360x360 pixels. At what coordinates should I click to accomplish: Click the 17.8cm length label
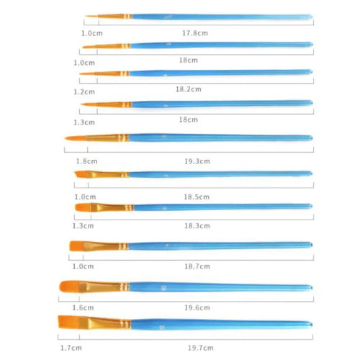[195, 33]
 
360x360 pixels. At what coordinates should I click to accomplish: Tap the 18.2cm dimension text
[189, 89]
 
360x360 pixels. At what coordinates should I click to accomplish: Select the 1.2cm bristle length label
[84, 92]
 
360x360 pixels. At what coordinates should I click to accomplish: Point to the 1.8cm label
[86, 161]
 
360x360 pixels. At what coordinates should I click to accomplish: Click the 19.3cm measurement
[197, 161]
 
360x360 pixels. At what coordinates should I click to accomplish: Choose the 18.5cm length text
[197, 197]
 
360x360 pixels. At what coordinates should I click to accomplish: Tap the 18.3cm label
[197, 226]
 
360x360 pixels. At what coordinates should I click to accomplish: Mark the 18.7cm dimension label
[197, 266]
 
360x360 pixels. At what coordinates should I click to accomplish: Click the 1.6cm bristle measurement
[83, 307]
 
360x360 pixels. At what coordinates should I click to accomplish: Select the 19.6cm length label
[197, 307]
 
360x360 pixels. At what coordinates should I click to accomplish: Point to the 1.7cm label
[71, 348]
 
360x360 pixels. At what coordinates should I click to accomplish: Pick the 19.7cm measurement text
[201, 348]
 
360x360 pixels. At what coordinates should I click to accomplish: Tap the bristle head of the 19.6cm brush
[70, 287]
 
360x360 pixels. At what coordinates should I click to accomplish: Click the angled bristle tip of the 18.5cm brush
[81, 174]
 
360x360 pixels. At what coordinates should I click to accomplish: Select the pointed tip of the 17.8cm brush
[86, 17]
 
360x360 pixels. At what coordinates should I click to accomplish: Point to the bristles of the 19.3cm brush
[76, 138]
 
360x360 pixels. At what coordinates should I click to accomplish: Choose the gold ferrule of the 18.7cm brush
[106, 246]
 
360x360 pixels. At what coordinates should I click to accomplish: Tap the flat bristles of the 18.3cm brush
[83, 207]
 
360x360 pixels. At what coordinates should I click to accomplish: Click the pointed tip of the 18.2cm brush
[80, 73]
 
